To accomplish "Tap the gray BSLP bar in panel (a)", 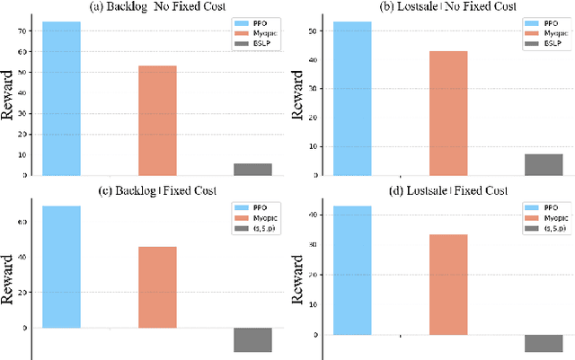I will tap(252, 169).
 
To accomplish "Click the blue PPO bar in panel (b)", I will tap(352, 98).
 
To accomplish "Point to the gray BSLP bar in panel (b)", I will tap(544, 164).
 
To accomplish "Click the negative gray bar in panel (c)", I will tap(252, 340).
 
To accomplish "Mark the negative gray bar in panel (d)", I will tap(544, 343).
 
